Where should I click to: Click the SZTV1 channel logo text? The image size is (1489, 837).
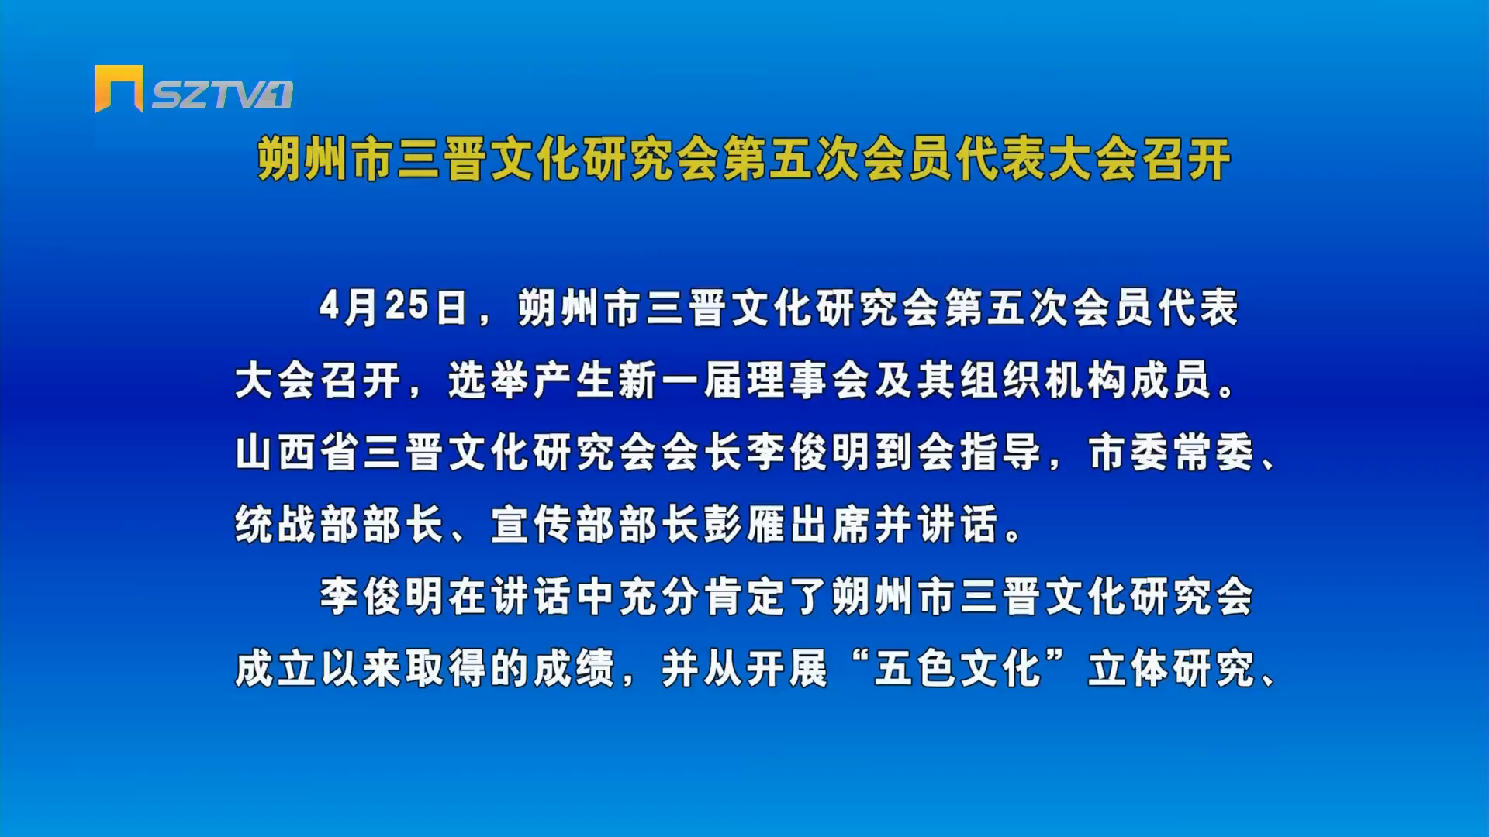pyautogui.click(x=222, y=95)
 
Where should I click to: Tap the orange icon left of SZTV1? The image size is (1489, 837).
pyautogui.click(x=119, y=88)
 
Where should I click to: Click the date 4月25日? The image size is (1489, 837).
pyautogui.click(x=393, y=308)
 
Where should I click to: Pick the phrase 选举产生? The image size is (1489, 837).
pyautogui.click(x=532, y=381)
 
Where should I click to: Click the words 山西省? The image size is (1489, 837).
pyautogui.click(x=297, y=453)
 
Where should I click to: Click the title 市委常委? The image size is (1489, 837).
pyautogui.click(x=1171, y=453)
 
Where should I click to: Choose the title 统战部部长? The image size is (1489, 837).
pyautogui.click(x=340, y=525)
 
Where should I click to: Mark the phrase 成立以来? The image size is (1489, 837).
pyautogui.click(x=319, y=669)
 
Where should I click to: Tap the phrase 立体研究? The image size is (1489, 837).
pyautogui.click(x=1171, y=669)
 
